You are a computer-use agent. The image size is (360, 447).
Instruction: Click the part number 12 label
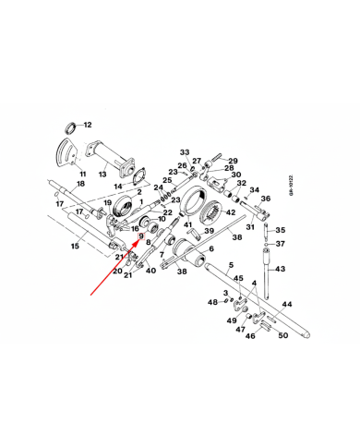(89, 125)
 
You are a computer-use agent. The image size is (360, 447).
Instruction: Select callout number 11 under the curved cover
(82, 174)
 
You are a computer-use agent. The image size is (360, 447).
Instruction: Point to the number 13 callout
(103, 174)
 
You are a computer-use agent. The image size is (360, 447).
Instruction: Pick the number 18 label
(80, 184)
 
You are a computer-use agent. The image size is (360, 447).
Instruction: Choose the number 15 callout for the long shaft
(75, 248)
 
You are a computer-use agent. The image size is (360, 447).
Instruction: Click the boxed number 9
(141, 236)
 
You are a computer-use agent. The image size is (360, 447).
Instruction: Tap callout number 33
(185, 152)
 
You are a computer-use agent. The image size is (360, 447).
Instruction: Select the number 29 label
(233, 160)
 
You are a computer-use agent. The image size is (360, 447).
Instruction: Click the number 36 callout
(265, 198)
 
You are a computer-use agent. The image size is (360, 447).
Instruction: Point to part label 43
(281, 269)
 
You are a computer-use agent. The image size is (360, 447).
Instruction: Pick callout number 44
(288, 304)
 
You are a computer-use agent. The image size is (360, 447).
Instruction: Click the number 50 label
(283, 335)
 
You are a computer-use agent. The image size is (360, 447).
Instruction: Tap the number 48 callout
(211, 302)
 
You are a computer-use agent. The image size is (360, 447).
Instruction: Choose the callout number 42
(232, 212)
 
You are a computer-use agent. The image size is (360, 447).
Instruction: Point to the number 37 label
(281, 245)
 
